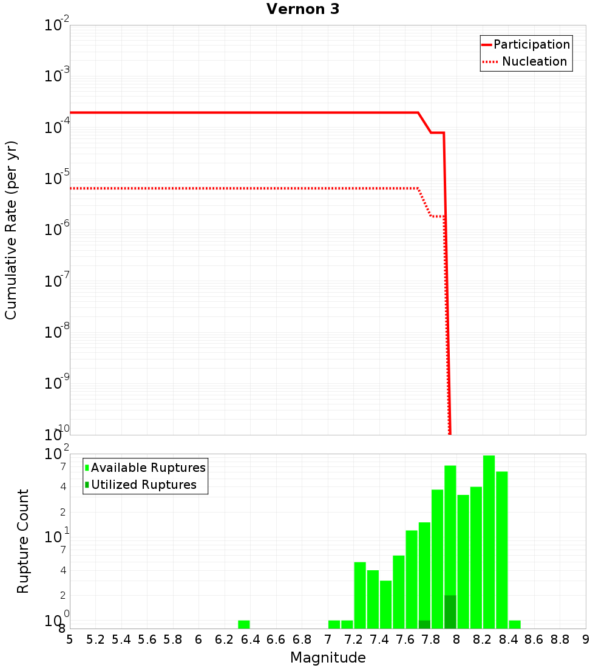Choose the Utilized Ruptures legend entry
[143, 485]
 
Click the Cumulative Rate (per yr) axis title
[11, 230]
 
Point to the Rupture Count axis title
[23, 541]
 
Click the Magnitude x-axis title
[328, 658]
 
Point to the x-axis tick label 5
[70, 639]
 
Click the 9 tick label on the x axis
[586, 639]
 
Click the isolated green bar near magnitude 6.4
[244, 624]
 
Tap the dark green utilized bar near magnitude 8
[450, 612]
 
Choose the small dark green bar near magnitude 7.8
[424, 624]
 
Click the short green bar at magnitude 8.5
[515, 624]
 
